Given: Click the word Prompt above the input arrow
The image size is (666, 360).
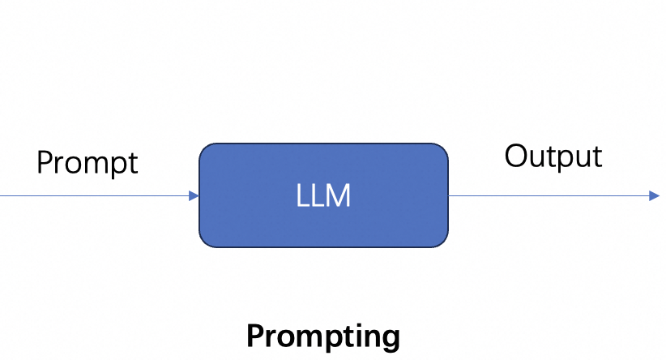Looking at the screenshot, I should click(88, 163).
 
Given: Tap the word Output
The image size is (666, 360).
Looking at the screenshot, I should click(553, 156).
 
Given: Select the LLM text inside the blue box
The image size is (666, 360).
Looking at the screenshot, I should click(323, 196).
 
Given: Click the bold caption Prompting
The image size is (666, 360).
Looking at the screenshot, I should click(322, 336).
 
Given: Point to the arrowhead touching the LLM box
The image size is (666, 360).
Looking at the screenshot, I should click(194, 195).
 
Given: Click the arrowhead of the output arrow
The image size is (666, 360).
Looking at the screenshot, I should click(655, 195).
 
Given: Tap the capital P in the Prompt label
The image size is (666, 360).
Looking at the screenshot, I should click(45, 162).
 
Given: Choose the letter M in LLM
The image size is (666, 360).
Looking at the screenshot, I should click(339, 196).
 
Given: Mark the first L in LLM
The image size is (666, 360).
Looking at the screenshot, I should click(302, 196).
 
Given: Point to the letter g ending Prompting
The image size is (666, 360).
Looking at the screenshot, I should click(391, 338).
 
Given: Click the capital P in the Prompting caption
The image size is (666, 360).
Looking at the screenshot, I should click(254, 335).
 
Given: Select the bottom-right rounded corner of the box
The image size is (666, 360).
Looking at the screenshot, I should click(442, 241).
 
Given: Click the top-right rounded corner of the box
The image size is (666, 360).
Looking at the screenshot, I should click(442, 150).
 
